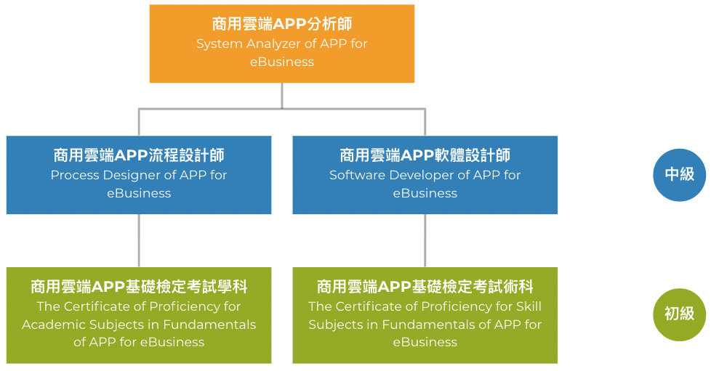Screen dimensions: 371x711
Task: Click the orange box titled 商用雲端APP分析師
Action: (x=282, y=44)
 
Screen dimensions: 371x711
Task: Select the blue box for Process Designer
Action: (x=139, y=175)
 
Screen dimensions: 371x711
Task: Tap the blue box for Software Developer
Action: (x=425, y=175)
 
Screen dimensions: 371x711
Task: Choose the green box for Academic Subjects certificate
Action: (x=139, y=315)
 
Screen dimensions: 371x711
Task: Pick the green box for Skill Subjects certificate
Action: (x=425, y=315)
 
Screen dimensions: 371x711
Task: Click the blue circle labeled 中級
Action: (x=679, y=174)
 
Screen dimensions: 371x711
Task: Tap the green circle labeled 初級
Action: (x=679, y=314)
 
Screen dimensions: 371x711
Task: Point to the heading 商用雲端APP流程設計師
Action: (x=139, y=155)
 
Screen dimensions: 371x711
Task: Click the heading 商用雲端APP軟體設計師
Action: (x=425, y=155)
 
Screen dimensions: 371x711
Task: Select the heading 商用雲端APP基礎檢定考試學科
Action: (x=139, y=286)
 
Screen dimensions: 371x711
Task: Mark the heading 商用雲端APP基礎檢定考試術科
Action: (x=425, y=286)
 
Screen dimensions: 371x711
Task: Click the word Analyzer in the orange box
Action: (x=273, y=44)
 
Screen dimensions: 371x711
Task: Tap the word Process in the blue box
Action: (x=75, y=175)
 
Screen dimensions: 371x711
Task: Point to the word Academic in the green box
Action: (x=53, y=325)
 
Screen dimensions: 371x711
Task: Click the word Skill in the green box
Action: (x=527, y=306)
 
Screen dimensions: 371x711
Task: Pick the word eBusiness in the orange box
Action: (x=282, y=62)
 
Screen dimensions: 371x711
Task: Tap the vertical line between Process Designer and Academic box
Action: (x=139, y=240)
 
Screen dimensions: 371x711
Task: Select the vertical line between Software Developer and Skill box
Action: (x=425, y=240)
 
